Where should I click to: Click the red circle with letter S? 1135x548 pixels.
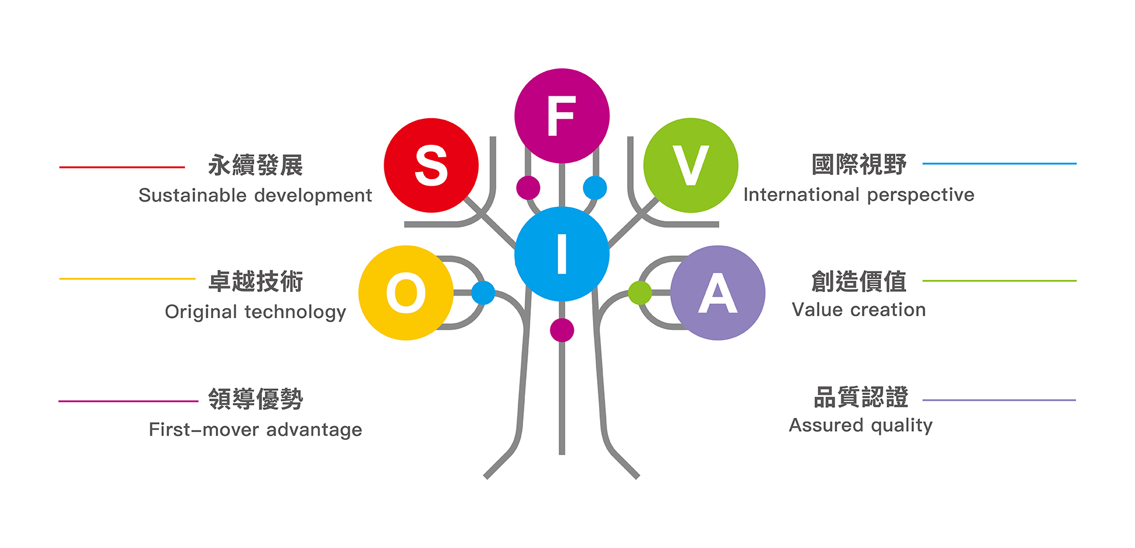pos(431,165)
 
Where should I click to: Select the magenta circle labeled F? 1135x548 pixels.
pos(562,116)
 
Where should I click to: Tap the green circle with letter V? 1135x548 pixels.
pos(690,165)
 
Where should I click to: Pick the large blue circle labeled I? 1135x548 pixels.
pos(562,254)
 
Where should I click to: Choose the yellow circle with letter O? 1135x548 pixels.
pos(406,293)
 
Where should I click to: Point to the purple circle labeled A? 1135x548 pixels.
pos(718,293)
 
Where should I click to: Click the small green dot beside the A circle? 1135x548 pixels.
pos(640,293)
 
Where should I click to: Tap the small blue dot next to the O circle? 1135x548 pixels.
pos(483,293)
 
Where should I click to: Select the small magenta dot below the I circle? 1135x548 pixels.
pos(562,330)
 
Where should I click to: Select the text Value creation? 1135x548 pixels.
pos(859,310)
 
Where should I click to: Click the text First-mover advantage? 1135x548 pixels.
pos(255,430)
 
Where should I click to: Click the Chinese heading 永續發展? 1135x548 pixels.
pos(255,166)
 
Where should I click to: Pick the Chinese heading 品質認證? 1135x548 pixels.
pos(861,397)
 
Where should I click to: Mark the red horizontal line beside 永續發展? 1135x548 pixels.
pos(122,167)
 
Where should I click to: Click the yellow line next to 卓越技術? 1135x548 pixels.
pos(127,278)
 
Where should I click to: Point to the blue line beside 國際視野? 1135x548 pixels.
pos(1000,163)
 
